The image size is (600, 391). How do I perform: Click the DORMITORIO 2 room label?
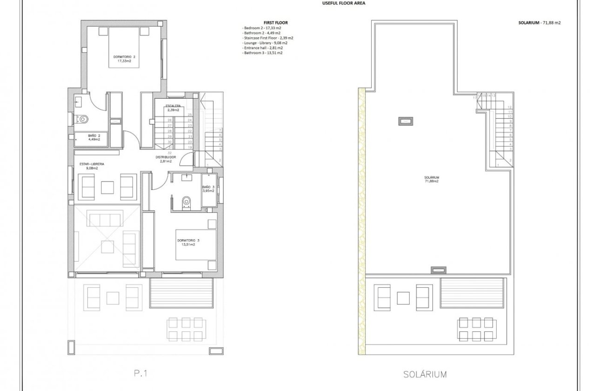124,59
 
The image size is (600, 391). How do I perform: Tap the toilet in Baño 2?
83,119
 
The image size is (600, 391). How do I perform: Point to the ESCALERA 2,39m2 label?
173,108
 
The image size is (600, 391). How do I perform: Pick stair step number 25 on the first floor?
190,115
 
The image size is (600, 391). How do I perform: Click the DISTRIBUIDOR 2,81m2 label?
166,160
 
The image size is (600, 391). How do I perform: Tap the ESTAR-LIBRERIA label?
92,166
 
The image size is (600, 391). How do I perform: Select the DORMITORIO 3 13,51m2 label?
188,243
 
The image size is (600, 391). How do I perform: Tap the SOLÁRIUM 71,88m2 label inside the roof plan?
432,179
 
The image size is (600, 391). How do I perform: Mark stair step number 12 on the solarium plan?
510,107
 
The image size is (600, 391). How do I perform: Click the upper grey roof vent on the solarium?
404,121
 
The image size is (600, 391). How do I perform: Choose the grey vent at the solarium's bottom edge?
438,270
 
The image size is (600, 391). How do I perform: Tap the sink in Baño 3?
188,177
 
